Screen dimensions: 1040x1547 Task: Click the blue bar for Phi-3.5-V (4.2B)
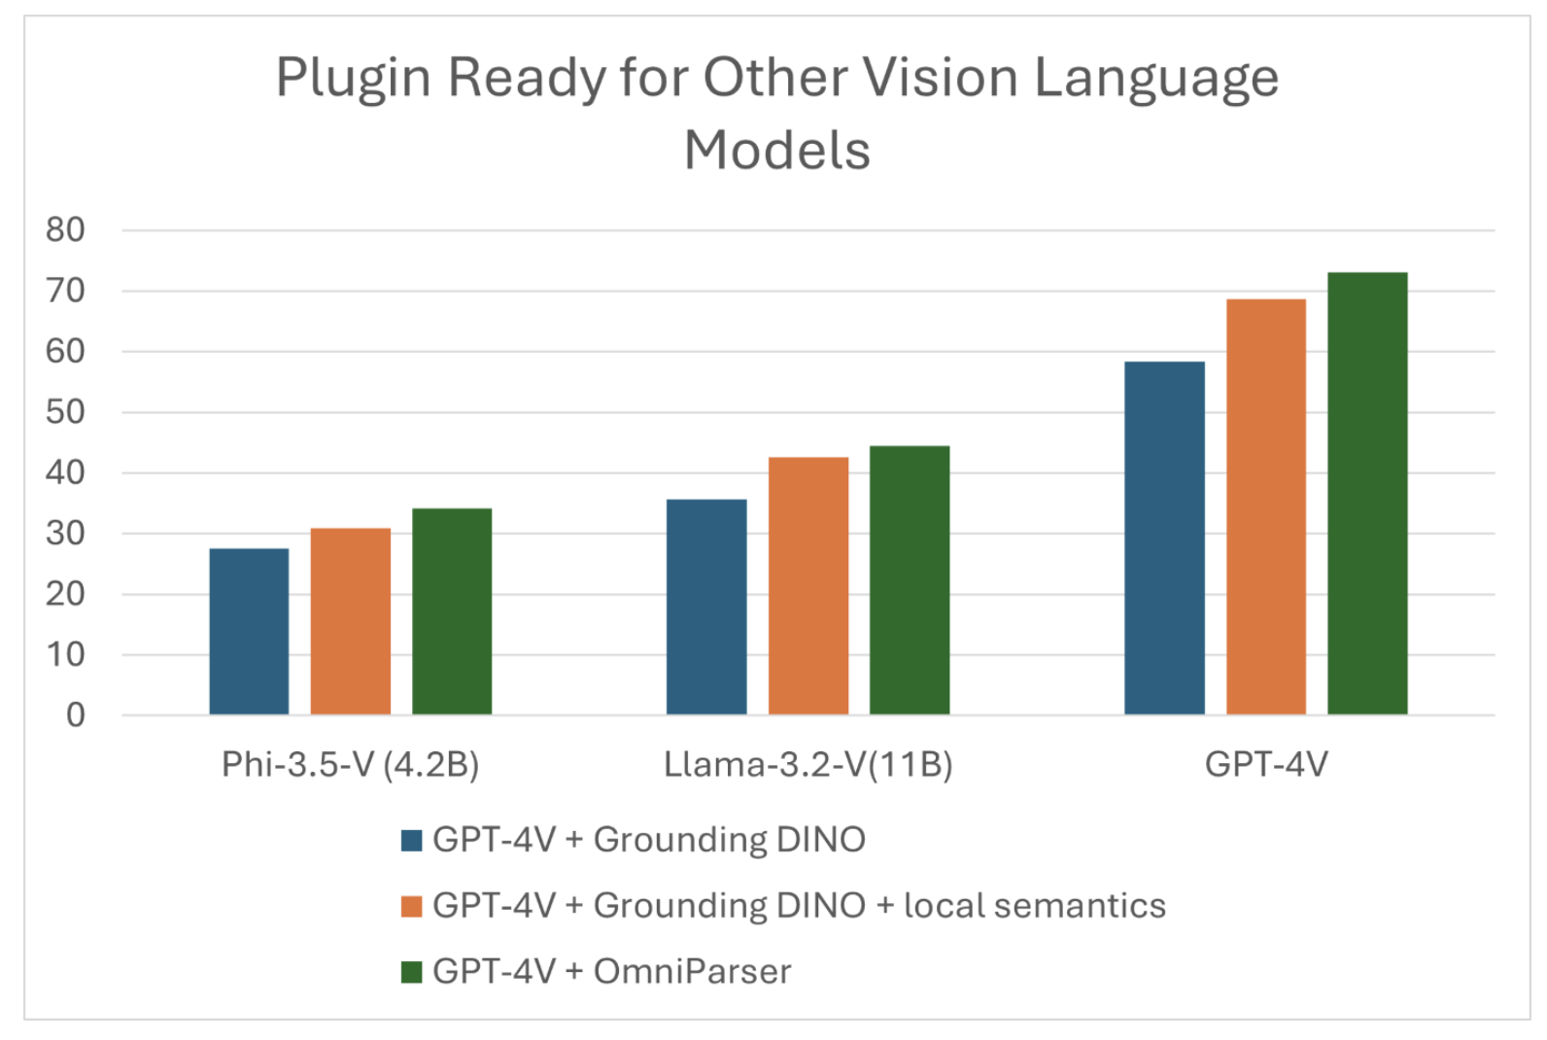point(249,632)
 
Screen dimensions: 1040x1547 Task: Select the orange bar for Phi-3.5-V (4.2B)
point(351,622)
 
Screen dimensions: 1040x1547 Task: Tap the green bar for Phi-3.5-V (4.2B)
point(452,611)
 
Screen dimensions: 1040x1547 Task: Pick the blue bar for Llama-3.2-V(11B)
point(706,607)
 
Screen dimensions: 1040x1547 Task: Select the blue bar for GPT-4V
point(1164,538)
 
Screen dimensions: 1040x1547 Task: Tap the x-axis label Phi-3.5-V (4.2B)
point(351,765)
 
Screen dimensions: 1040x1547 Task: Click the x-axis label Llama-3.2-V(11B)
point(808,765)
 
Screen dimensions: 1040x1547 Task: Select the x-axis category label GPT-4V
point(1266,765)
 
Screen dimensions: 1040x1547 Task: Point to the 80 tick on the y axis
point(65,230)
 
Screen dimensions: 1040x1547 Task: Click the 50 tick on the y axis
point(65,412)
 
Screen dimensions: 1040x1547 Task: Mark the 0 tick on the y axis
point(75,715)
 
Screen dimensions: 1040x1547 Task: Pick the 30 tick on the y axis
point(65,534)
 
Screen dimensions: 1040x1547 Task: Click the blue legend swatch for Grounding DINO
point(411,840)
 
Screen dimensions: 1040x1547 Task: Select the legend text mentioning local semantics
point(799,906)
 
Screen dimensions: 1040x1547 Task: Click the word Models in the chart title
point(777,151)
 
